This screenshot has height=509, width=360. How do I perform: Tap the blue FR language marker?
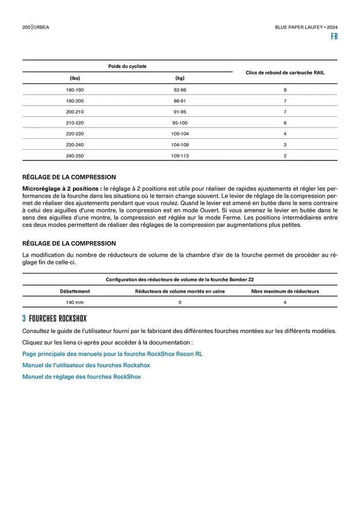tap(334, 37)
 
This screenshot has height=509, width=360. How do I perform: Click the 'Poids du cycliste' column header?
tap(127, 66)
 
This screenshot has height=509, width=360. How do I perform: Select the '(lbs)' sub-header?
tap(75, 78)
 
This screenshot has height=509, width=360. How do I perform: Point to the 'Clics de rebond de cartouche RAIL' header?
tap(285, 72)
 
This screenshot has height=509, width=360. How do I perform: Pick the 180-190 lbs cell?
tap(75, 90)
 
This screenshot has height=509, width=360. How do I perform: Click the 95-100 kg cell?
tap(179, 123)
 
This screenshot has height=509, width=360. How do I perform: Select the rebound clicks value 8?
tap(285, 90)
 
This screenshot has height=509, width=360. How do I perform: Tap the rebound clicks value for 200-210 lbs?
tap(285, 112)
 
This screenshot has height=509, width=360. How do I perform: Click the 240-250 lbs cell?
tap(75, 156)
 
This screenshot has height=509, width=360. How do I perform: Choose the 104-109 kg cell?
tap(179, 145)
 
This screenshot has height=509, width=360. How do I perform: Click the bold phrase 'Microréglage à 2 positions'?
tap(62, 189)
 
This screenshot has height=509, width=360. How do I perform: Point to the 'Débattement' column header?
tap(75, 291)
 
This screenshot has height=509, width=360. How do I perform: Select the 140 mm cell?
tap(75, 302)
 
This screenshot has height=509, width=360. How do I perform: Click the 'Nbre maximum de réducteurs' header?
tap(285, 291)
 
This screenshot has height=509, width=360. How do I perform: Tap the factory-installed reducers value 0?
tap(179, 302)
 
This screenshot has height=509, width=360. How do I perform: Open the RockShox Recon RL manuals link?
tap(112, 354)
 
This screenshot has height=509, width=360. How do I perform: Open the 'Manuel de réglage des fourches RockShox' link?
tap(81, 377)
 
